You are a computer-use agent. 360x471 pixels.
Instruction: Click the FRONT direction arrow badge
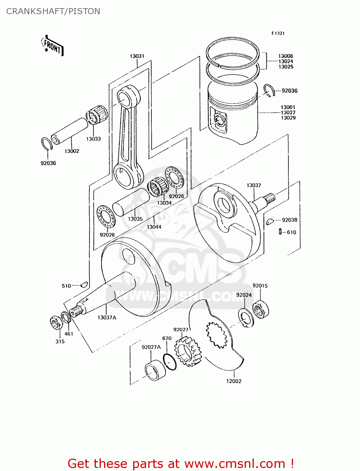[x=52, y=46]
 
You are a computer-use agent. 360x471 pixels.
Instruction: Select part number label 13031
[x=137, y=56]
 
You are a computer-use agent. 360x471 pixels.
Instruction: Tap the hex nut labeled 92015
[x=260, y=309]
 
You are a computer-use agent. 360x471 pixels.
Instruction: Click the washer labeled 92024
[x=246, y=318]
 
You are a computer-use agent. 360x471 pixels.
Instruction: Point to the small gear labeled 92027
[x=188, y=351]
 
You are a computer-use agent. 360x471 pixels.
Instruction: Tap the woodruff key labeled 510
[x=84, y=285]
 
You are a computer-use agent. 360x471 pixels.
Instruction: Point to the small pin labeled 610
[x=280, y=232]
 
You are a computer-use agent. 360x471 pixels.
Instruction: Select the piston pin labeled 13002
[x=69, y=131]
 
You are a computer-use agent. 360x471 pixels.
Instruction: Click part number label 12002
[x=234, y=381]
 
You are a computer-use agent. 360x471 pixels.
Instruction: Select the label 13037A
[x=107, y=317]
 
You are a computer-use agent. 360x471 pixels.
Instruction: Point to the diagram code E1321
[x=278, y=33]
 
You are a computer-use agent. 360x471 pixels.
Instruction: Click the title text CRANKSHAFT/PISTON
[x=53, y=11]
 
